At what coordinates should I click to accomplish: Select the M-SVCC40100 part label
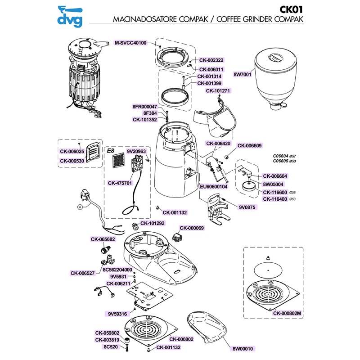coord(130,43)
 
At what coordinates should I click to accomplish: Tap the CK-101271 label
coord(218,90)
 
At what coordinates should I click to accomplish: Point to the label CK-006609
coord(249,145)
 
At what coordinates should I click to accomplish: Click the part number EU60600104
coord(214,186)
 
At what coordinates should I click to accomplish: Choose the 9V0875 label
coord(247,207)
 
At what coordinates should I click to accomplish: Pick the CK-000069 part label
coord(192,228)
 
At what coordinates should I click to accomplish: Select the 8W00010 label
coord(243,348)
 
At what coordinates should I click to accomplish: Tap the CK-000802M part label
coord(287,313)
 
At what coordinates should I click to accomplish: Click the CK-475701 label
coord(120,183)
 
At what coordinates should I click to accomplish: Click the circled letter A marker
coord(80,207)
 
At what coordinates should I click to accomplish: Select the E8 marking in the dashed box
coord(111,151)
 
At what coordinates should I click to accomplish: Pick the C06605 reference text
coord(281,161)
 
